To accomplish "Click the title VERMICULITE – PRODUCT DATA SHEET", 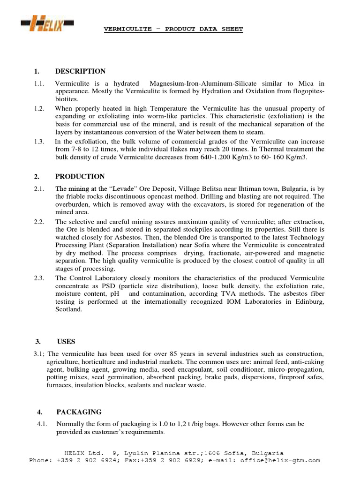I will point(173,29).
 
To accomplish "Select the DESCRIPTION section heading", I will point(80,72).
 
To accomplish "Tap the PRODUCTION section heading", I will point(80,177).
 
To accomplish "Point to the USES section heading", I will point(66,342).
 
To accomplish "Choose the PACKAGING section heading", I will point(79,412).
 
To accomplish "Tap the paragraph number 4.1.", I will point(43,424).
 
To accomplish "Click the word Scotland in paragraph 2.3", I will point(69,310).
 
